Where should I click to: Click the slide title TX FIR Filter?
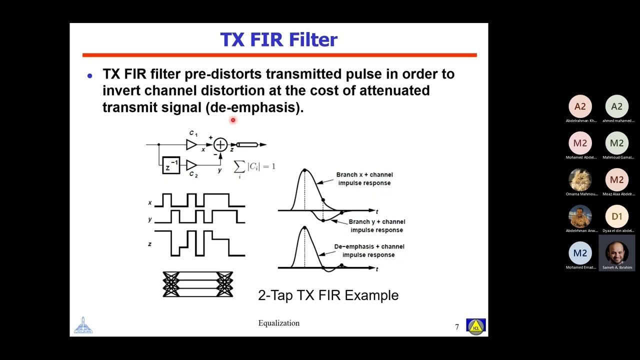point(278,40)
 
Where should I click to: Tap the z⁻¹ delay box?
point(171,164)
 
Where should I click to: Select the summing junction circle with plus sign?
point(220,144)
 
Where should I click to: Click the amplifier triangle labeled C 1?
point(191,144)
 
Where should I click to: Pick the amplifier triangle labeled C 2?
point(191,164)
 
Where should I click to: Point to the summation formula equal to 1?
point(254,167)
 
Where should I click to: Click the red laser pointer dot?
point(232,120)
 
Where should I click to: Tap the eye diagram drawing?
point(198,284)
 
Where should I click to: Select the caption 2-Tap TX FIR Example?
point(328,295)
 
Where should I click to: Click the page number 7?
point(456,327)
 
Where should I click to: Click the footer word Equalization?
point(278,323)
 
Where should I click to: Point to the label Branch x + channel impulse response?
point(364,178)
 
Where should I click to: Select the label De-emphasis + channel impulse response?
point(369,250)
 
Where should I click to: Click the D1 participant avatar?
point(616,216)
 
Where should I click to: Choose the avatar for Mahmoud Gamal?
point(616,143)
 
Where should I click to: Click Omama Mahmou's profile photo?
point(580,180)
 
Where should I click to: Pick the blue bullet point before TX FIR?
point(90,76)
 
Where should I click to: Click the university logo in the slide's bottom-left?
point(83,325)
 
